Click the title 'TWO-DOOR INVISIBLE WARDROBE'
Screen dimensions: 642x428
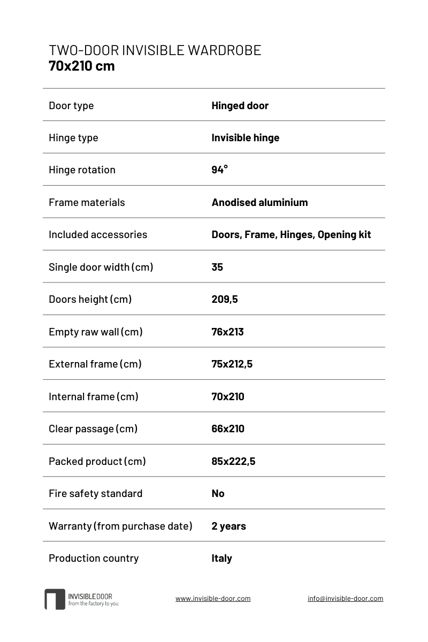coord(155,50)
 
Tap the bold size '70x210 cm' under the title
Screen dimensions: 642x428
coord(81,66)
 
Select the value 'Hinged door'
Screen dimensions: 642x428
coord(240,105)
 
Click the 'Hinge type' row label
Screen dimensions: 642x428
coord(73,137)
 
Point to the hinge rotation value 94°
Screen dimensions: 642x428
coord(219,170)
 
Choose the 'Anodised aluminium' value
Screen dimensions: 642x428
coord(259,202)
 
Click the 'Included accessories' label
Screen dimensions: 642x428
coord(98,234)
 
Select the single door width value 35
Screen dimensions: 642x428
coord(217,267)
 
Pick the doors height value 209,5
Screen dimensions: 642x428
coord(225,299)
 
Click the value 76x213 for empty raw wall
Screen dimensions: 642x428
coord(227,332)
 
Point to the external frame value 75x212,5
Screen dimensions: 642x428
coord(232,364)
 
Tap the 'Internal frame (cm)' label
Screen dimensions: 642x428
coord(94,396)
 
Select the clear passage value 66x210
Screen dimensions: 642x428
coord(228,429)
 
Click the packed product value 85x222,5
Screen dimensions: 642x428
coord(233,461)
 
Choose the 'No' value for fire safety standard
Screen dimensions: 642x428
coord(218,493)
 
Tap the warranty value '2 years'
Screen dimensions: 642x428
coord(228,526)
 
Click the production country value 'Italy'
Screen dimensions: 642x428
coord(221,558)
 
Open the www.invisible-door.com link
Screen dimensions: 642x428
coord(213,599)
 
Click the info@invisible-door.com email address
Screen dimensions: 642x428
coord(345,599)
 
